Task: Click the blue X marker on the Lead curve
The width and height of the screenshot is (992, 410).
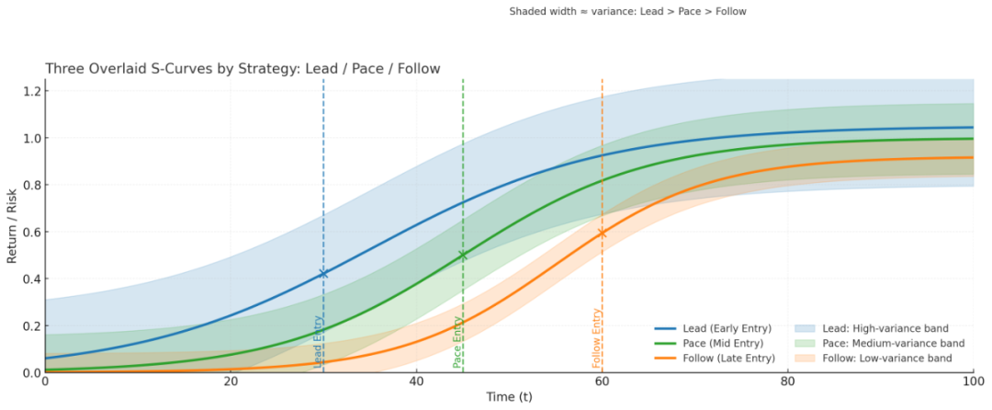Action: coord(323,273)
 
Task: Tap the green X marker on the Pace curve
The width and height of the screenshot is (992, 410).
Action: coord(463,255)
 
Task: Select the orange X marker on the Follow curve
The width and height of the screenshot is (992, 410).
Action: coord(602,233)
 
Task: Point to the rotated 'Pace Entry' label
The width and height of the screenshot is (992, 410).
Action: coord(457,342)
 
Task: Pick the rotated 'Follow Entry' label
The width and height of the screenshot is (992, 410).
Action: coord(596,338)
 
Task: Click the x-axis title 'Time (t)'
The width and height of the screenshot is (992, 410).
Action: coord(509,396)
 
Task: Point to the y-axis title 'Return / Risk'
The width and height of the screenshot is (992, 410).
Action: coord(13,225)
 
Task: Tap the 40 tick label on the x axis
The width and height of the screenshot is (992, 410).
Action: coord(416,382)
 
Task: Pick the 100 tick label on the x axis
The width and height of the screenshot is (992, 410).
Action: coord(973,382)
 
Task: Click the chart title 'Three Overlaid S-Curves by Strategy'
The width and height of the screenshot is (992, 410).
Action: coord(242,69)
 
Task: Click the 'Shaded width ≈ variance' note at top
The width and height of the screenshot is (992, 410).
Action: coord(628,12)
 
